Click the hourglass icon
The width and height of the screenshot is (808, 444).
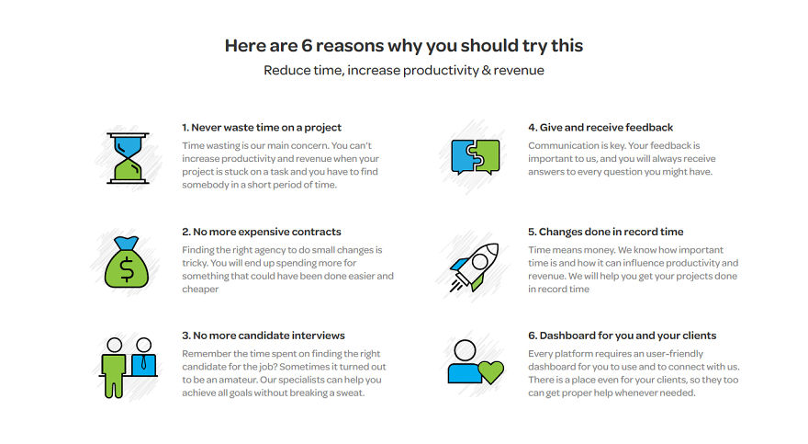(128, 158)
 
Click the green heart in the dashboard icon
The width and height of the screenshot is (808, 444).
(490, 371)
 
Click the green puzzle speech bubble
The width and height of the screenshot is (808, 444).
(486, 156)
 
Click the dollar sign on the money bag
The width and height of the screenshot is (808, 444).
(127, 269)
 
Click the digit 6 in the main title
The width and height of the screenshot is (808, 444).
(307, 45)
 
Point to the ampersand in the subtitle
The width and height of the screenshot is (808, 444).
(486, 70)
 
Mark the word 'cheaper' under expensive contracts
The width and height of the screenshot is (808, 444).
(200, 290)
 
